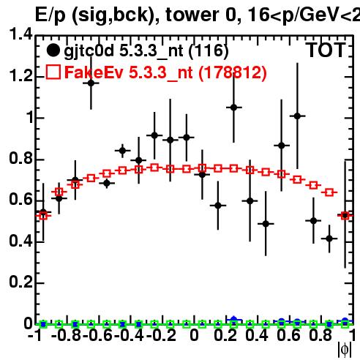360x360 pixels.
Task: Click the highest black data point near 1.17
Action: click(x=91, y=83)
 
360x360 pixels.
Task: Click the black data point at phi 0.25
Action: click(x=233, y=108)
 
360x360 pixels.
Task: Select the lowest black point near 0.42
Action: click(x=329, y=239)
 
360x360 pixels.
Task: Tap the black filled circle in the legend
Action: click(x=53, y=50)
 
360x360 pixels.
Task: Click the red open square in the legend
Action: click(x=53, y=72)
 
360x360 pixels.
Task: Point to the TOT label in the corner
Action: click(x=326, y=50)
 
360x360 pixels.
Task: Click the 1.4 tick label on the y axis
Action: click(x=20, y=34)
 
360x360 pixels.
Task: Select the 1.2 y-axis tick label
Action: click(x=20, y=76)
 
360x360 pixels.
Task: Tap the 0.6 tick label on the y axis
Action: click(x=20, y=200)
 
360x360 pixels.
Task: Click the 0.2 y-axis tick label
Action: click(x=20, y=282)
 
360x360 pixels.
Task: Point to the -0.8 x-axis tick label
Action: click(x=66, y=335)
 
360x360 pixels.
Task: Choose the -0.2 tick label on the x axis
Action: click(x=161, y=335)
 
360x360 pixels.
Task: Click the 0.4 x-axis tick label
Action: click(x=257, y=335)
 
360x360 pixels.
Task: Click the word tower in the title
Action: click(x=192, y=15)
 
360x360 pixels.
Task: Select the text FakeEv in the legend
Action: click(x=94, y=72)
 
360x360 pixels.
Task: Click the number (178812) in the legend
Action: click(x=233, y=73)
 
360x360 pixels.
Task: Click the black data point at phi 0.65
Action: click(x=297, y=116)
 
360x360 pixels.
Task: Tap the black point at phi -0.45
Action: click(x=123, y=151)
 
